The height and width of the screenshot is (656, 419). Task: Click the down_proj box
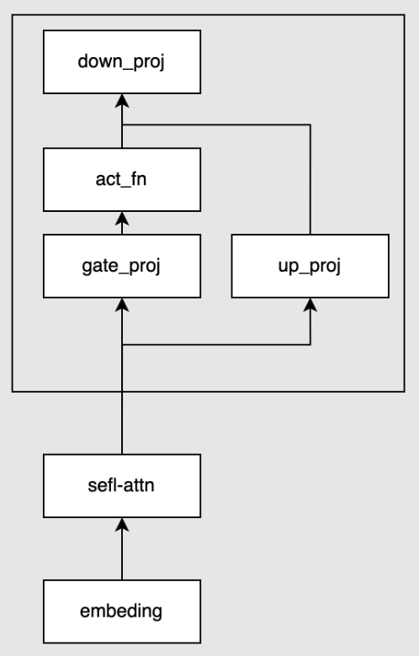(122, 62)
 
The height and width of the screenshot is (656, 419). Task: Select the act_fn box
(122, 179)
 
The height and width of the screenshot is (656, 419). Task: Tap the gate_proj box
(122, 266)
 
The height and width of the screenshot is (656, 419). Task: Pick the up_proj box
(310, 266)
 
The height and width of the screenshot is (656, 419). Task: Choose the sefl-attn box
(122, 486)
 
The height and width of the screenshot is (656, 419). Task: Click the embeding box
(122, 611)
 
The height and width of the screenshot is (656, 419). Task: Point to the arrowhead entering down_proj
(122, 100)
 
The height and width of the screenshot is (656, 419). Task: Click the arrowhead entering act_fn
(122, 218)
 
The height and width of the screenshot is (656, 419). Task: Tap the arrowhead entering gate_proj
(122, 304)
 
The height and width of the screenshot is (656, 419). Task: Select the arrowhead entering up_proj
(310, 304)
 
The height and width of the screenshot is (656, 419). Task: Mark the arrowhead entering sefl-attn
(122, 525)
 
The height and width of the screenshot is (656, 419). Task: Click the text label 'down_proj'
(121, 62)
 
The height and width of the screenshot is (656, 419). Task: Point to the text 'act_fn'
(121, 179)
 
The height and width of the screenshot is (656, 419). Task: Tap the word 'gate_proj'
(121, 267)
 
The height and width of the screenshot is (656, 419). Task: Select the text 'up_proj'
(310, 267)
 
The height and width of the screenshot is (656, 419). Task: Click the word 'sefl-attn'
(121, 485)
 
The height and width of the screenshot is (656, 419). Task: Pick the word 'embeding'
(121, 611)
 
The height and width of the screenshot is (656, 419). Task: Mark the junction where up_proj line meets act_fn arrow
(122, 124)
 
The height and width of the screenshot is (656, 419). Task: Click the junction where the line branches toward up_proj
(122, 345)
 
